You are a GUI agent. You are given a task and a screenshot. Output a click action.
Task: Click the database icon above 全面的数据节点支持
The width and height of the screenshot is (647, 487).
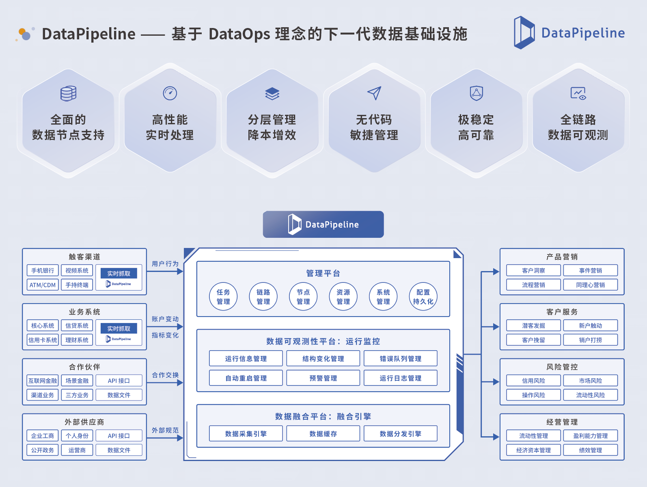68,93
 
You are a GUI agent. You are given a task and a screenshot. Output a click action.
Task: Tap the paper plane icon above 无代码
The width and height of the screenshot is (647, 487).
374,93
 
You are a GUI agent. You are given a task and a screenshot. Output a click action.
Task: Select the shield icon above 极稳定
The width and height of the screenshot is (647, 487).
476,93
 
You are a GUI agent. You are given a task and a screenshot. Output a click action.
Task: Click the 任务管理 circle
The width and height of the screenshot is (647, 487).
223,297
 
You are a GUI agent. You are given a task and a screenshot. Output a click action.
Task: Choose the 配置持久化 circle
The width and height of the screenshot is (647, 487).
423,297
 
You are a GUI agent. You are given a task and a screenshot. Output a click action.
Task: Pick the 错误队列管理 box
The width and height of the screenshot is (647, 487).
400,358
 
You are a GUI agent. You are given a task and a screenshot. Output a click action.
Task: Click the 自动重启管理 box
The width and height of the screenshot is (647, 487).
246,378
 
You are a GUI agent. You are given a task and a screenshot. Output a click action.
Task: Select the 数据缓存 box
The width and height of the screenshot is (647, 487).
323,433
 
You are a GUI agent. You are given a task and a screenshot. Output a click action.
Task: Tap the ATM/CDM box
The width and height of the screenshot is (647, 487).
43,285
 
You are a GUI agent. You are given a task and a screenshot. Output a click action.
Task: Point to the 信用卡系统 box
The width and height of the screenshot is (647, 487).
43,340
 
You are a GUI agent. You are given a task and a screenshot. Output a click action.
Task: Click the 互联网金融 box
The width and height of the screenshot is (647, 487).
43,381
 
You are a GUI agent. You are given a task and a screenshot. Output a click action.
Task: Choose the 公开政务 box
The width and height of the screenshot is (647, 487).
43,450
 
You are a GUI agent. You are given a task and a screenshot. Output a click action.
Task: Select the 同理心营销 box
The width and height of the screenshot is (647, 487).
590,285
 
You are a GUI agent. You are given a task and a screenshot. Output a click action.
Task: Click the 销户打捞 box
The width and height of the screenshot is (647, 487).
590,340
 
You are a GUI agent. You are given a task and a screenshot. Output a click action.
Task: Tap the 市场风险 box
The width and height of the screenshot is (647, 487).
590,381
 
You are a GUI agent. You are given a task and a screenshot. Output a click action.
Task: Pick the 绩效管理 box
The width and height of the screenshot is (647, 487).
590,450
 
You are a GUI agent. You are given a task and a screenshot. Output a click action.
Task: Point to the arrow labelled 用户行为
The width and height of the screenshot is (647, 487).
165,271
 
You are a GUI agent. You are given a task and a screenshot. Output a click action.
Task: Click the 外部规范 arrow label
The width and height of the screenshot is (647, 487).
165,430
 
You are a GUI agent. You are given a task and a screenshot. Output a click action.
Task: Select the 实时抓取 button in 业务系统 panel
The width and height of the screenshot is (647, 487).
119,328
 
